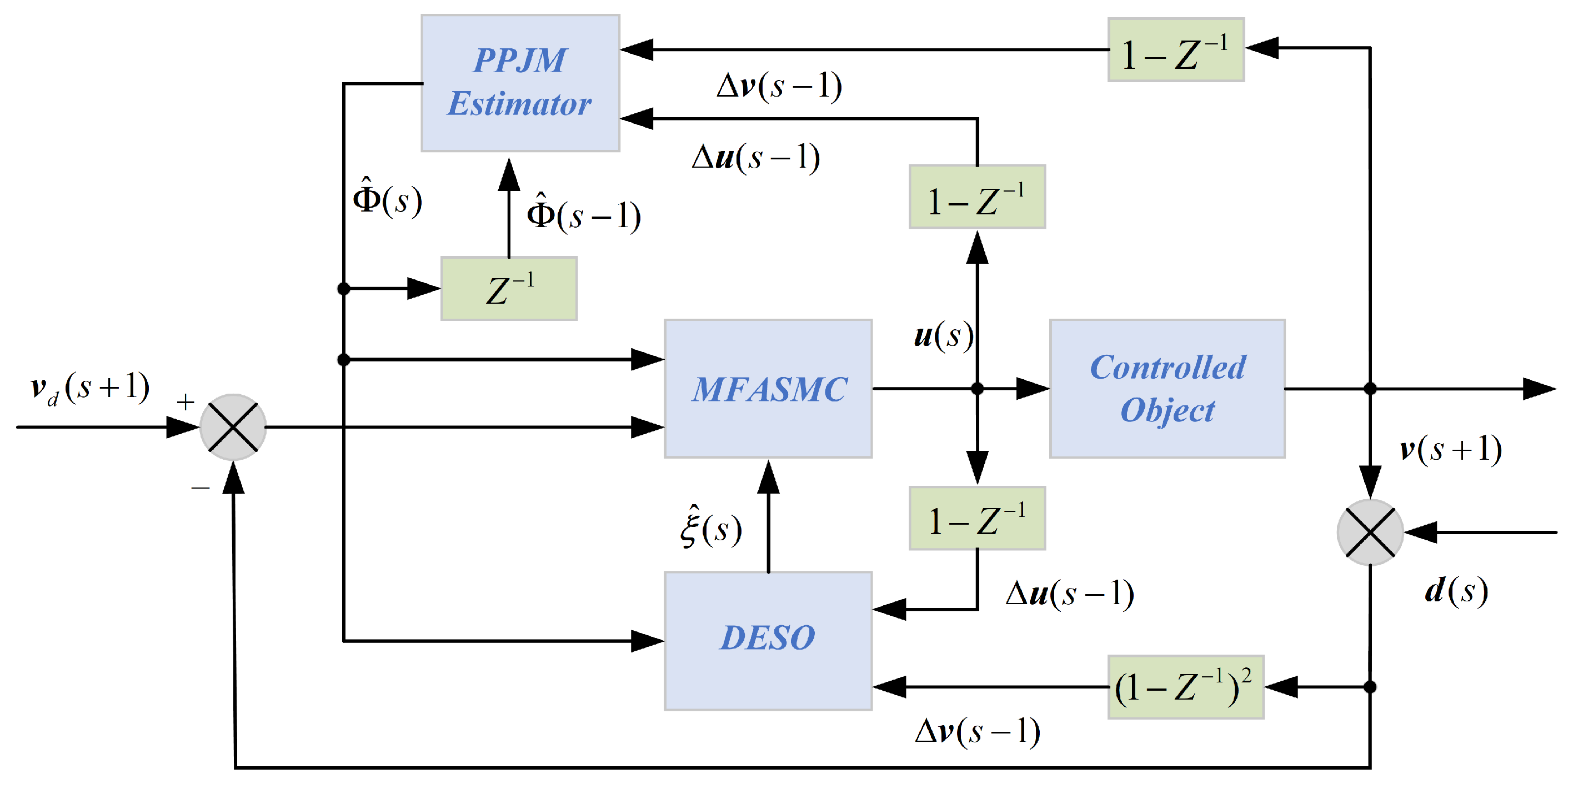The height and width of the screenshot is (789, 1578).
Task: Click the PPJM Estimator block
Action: (519, 83)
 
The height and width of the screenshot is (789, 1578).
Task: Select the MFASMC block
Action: (768, 388)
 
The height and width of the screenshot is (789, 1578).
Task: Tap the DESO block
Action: (768, 640)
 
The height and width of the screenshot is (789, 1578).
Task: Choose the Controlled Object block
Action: (1167, 388)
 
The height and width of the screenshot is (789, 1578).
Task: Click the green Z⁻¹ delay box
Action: (508, 289)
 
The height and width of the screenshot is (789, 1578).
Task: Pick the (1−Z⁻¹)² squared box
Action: (1185, 687)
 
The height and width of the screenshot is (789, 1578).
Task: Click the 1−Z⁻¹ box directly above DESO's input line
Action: (977, 518)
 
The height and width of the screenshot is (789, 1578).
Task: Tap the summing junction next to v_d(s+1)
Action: (233, 427)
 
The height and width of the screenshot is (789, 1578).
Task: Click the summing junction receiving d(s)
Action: (1370, 532)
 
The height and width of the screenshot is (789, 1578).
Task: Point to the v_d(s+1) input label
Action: (89, 388)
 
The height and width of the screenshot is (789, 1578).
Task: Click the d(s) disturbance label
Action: (1455, 591)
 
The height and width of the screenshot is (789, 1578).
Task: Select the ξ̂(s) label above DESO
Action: (710, 528)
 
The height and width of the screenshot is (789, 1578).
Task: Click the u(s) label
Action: (942, 336)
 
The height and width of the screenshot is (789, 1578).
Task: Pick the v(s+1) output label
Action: (1450, 449)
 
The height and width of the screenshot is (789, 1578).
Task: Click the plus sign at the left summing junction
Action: (185, 403)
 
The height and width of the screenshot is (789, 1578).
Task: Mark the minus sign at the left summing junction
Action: (201, 488)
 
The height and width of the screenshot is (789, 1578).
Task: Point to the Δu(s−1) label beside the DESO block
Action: (1069, 593)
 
